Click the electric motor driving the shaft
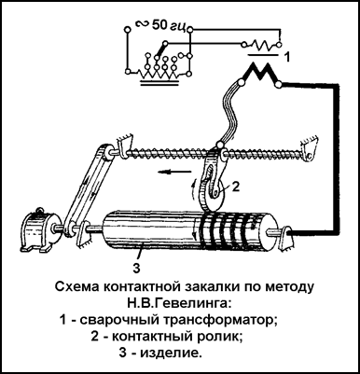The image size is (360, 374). (35, 230)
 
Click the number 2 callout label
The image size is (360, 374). (236, 187)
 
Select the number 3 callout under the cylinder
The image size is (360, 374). (137, 268)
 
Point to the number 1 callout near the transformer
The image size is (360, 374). (287, 57)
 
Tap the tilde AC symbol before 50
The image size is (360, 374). (142, 23)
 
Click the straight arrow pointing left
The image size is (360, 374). (173, 172)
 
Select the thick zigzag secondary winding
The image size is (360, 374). (259, 74)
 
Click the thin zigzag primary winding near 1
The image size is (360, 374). (261, 46)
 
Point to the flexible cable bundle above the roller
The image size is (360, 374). (231, 115)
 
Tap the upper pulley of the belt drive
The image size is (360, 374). (109, 152)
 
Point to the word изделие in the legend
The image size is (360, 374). (170, 353)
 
